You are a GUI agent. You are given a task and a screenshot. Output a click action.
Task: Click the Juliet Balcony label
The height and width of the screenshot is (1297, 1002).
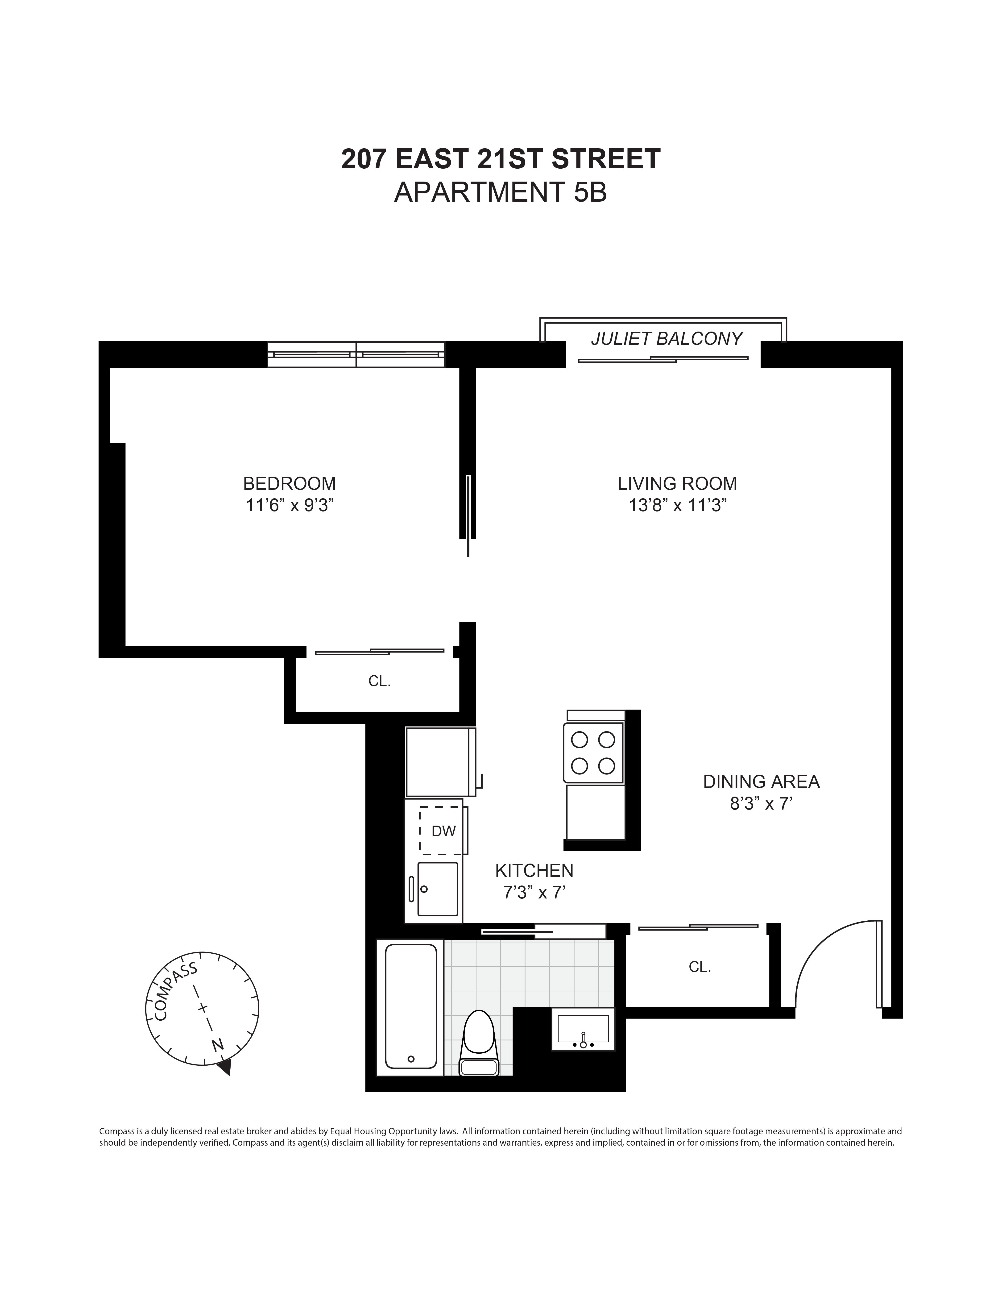pos(666,338)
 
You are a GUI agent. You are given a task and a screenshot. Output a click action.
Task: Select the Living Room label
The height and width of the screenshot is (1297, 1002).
pos(677,483)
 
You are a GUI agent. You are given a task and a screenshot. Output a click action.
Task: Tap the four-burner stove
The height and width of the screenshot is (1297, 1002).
pos(593,752)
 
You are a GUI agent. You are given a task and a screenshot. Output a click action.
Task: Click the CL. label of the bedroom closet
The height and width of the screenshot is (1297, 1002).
pos(379,681)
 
